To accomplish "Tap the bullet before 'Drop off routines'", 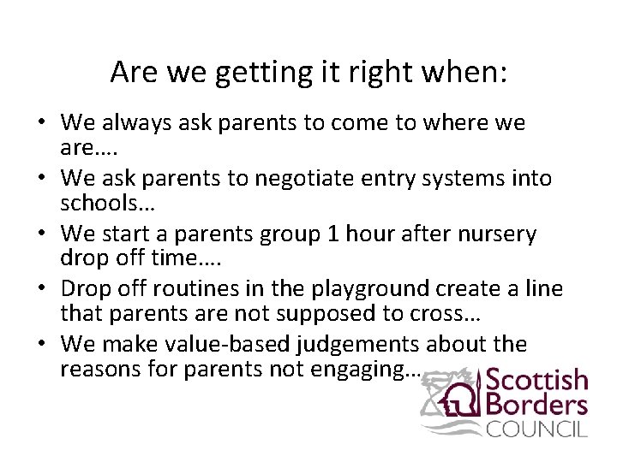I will [x=40, y=289].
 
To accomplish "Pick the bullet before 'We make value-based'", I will [x=40, y=344].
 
